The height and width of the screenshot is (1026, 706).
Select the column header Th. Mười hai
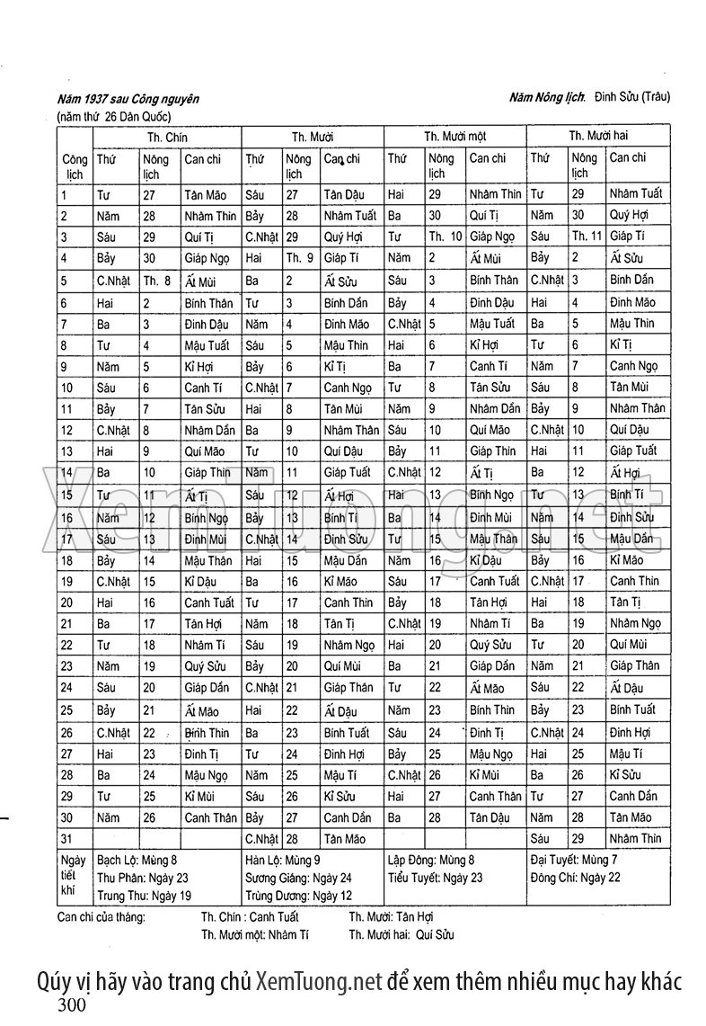tap(597, 136)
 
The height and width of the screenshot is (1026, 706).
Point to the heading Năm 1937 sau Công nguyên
tap(126, 98)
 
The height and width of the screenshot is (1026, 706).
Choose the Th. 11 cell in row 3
tap(587, 236)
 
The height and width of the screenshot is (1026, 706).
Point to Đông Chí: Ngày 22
tap(575, 877)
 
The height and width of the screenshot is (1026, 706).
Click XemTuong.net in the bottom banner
tap(320, 981)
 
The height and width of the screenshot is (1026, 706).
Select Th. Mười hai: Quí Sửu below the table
tap(402, 934)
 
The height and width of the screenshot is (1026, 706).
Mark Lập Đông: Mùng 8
tap(430, 860)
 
